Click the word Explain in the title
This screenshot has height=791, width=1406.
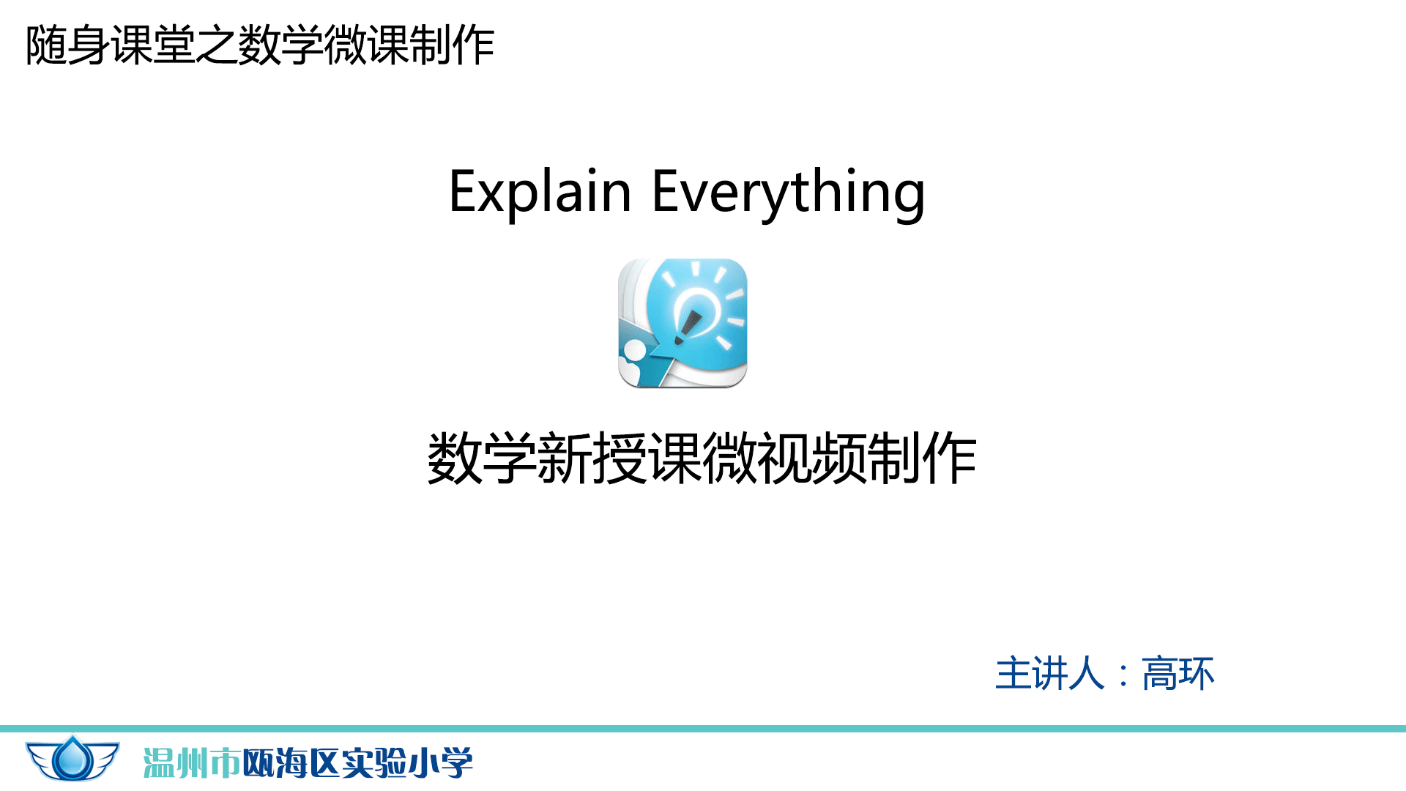click(540, 192)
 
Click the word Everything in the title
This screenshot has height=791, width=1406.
click(789, 192)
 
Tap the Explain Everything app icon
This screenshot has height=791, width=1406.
click(682, 323)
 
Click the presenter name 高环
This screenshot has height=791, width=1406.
click(1178, 673)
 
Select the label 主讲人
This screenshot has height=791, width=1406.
click(1049, 673)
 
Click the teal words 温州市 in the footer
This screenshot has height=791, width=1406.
click(192, 763)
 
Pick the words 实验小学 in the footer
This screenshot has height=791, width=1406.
click(408, 763)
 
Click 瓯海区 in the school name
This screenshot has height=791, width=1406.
click(291, 763)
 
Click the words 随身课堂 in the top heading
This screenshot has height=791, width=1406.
click(111, 45)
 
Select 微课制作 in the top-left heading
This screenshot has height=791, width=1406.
click(409, 45)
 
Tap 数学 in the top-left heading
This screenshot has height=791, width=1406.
click(282, 45)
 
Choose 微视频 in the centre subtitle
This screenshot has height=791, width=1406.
click(785, 458)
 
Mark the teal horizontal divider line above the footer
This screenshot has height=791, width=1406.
click(703, 729)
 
